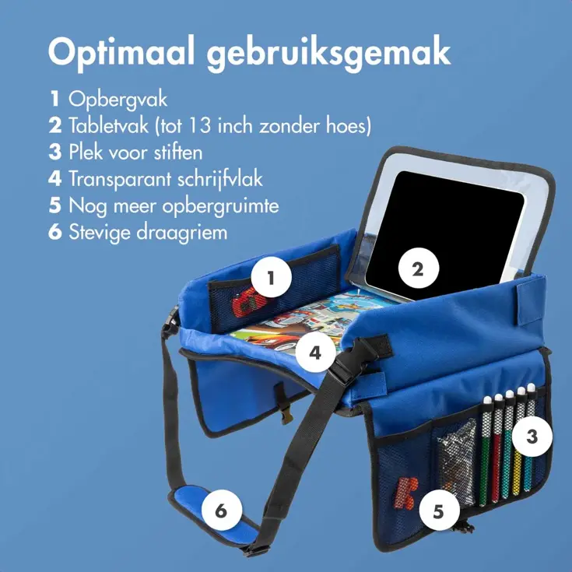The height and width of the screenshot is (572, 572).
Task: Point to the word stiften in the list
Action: pos(175,152)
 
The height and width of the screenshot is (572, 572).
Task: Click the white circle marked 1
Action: pos(270,278)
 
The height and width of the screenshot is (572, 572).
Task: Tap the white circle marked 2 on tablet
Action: pos(418,269)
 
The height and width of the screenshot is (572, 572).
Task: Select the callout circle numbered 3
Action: pos(532,437)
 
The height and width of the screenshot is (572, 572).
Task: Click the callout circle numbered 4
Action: pos(314,352)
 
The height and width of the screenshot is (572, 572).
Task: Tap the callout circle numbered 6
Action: pos(221,511)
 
